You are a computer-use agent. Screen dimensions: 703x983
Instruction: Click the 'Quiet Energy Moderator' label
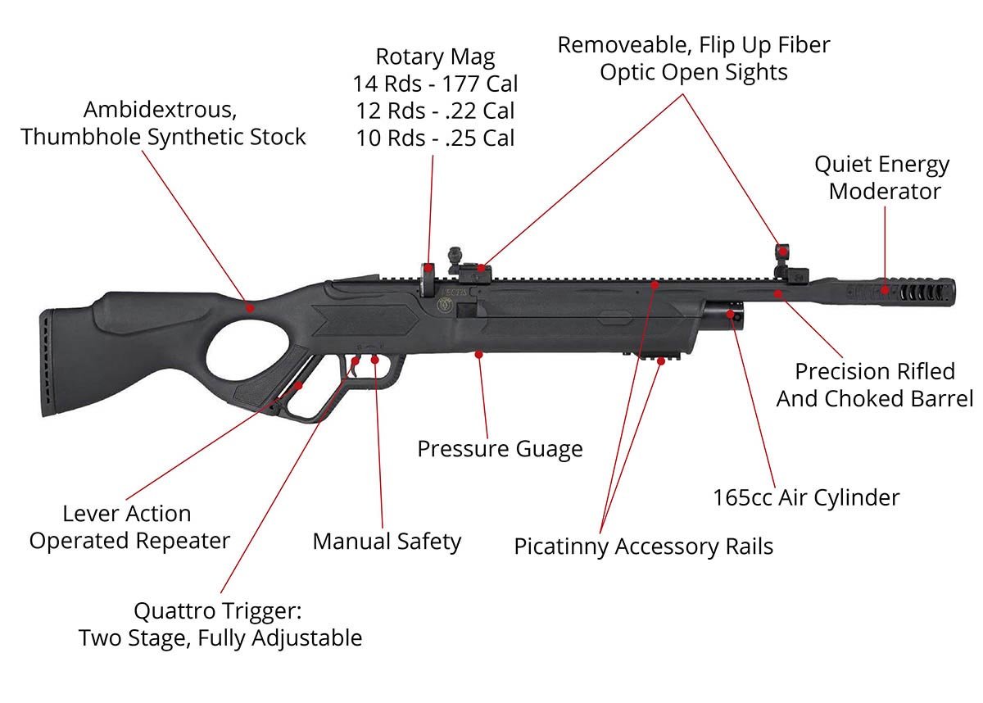click(882, 178)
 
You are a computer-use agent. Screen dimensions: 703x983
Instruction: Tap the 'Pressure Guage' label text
click(500, 449)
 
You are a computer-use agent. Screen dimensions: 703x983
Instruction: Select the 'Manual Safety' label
click(387, 542)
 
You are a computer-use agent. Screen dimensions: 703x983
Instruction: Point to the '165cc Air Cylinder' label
click(806, 497)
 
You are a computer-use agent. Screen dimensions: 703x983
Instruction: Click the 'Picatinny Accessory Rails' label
click(643, 547)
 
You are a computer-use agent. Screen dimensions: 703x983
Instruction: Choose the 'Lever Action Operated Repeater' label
click(129, 528)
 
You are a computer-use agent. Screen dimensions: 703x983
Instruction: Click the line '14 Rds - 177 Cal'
click(435, 84)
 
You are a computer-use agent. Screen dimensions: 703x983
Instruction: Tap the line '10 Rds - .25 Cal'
click(435, 138)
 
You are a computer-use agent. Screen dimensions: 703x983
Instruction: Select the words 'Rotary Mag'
click(435, 57)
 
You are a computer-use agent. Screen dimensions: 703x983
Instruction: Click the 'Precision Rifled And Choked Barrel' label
click(875, 385)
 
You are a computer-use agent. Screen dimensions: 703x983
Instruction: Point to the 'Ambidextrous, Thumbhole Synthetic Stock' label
click(163, 123)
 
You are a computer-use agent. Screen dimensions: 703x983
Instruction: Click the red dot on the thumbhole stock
click(251, 307)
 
